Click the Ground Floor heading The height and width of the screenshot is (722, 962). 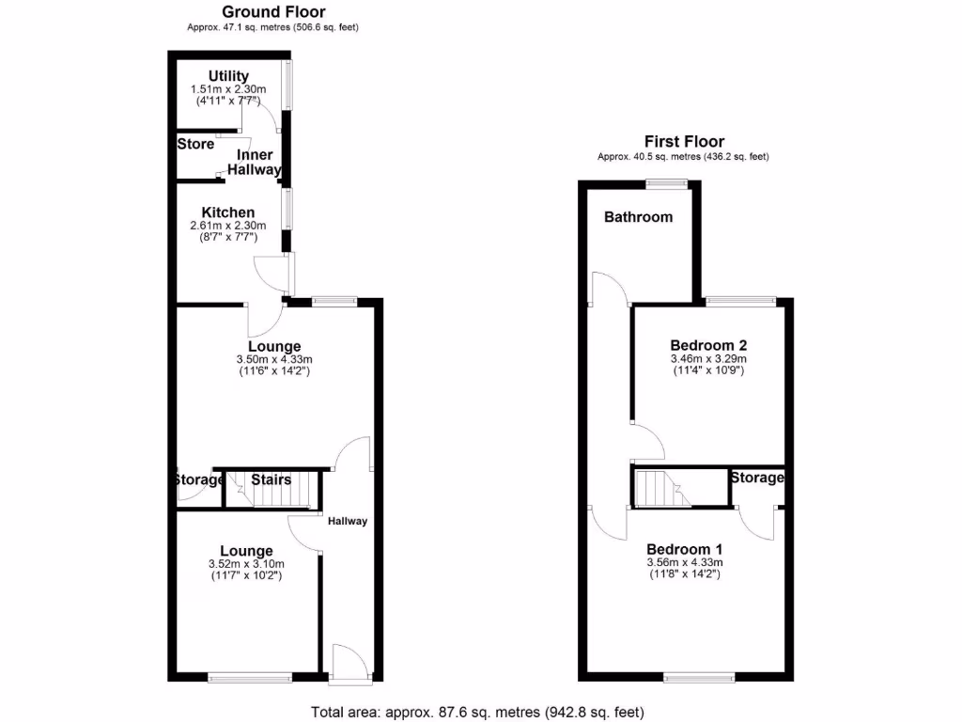273,12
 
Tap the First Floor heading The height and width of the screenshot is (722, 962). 683,142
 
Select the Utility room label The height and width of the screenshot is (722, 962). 228,76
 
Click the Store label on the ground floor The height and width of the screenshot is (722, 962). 195,145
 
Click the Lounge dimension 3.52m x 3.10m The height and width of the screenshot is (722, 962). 246,564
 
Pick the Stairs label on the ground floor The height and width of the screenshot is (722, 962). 272,479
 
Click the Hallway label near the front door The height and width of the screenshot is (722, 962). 348,522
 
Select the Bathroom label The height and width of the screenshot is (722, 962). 638,217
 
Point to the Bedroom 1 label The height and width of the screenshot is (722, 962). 684,549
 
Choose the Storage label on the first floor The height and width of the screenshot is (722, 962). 757,478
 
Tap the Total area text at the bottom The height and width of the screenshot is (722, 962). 477,712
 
